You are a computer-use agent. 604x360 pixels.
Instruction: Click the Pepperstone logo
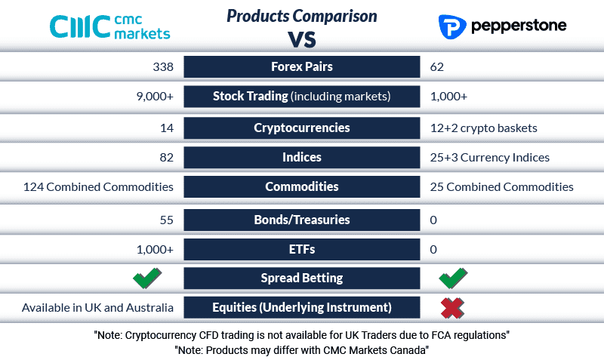click(x=502, y=26)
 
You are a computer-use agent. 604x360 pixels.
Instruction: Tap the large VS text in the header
click(x=301, y=38)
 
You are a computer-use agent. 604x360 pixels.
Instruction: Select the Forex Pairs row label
click(x=301, y=66)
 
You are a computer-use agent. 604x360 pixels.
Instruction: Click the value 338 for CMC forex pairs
click(x=162, y=66)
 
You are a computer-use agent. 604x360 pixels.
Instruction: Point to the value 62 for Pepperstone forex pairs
click(x=437, y=66)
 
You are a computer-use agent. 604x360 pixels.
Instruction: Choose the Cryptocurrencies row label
click(x=301, y=128)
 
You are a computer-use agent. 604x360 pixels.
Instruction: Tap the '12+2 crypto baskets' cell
click(x=483, y=128)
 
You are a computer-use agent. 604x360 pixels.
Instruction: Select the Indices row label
click(x=301, y=157)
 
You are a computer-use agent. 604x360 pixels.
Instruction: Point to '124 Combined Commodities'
click(x=98, y=186)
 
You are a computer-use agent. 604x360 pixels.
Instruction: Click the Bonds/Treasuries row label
click(x=301, y=220)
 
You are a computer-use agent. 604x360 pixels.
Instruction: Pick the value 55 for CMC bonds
click(x=166, y=220)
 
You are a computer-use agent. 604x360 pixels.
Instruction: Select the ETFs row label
click(x=301, y=249)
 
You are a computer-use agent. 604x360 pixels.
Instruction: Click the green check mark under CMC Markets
click(x=147, y=278)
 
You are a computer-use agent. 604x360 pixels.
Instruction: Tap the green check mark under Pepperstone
click(x=452, y=278)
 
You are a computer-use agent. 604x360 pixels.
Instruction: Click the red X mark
click(x=452, y=307)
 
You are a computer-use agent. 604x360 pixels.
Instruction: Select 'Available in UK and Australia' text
click(x=97, y=307)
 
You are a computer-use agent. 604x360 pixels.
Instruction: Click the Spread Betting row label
click(x=301, y=278)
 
